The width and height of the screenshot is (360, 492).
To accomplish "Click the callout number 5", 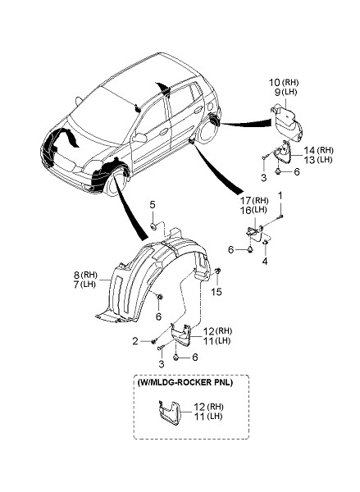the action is point(153,205).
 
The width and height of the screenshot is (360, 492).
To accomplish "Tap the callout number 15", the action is point(216,292).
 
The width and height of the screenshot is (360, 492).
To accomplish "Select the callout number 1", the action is point(280,196).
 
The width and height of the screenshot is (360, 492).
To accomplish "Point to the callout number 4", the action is point(265,261).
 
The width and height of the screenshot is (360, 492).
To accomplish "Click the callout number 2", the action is point(135,341).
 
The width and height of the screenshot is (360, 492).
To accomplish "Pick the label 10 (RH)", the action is point(284,83).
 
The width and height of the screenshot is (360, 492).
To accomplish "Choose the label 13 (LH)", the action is point(318,160).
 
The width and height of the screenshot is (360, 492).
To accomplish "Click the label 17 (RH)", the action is point(254,200).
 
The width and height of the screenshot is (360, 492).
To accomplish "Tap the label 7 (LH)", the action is point(84,285).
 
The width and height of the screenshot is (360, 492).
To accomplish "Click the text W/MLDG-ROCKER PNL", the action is point(185,383).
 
